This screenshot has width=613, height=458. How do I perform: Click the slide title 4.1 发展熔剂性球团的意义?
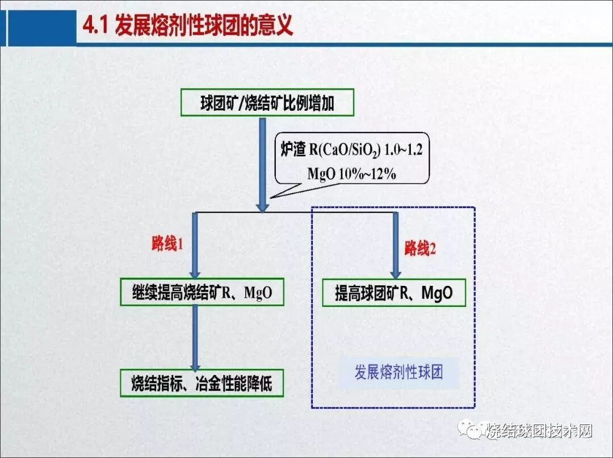188,26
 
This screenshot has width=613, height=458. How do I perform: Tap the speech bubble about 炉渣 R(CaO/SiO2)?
352,159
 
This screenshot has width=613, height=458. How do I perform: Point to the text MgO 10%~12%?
351,174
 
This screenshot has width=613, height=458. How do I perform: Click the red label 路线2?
420,248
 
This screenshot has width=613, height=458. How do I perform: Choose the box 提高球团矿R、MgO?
394,293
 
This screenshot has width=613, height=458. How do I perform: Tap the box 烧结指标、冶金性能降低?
201,383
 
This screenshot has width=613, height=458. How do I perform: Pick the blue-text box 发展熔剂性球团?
398,373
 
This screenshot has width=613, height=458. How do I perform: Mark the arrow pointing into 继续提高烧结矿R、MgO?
195,244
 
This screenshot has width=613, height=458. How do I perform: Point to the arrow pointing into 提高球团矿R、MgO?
394,244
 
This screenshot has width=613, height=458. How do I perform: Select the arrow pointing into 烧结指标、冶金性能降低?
195,338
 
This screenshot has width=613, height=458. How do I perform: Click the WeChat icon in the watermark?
472,430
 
